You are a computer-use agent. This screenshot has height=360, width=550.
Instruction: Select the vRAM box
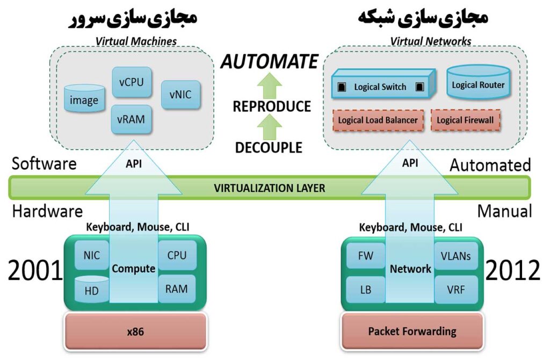click(132, 118)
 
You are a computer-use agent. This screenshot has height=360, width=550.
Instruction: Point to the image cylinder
click(84, 99)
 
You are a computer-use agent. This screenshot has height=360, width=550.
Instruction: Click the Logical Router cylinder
click(478, 84)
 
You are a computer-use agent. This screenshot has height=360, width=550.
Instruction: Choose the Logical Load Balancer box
click(379, 120)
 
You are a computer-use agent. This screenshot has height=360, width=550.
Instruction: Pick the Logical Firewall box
click(465, 120)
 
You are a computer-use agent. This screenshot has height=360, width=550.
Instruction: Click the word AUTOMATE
click(269, 62)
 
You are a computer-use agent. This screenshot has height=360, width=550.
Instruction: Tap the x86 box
click(135, 332)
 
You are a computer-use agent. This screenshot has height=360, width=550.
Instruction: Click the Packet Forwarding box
click(412, 331)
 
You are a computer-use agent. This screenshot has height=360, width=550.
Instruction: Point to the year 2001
click(35, 270)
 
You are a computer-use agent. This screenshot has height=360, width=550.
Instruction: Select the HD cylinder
click(92, 289)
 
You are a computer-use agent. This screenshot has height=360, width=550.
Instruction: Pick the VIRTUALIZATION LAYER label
click(269, 188)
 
